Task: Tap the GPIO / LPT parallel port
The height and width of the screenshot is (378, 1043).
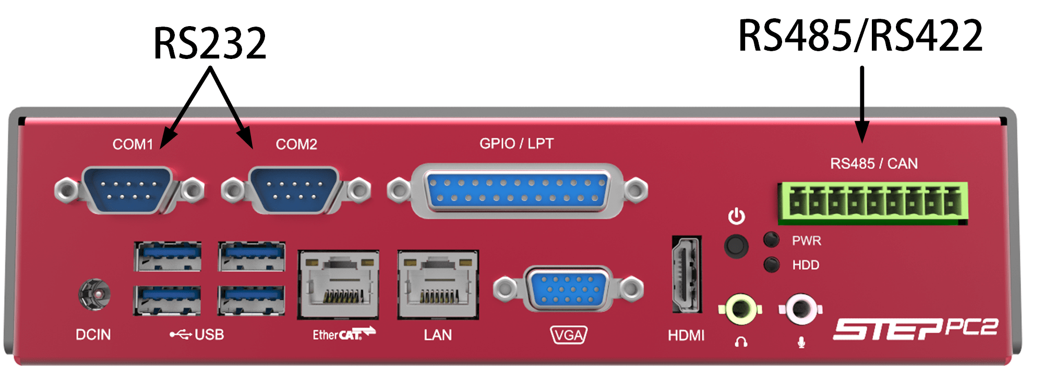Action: [517, 190]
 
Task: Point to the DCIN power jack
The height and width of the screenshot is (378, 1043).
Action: [94, 295]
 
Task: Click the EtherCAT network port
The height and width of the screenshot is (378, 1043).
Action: [338, 285]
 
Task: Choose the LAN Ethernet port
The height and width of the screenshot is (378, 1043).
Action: [438, 285]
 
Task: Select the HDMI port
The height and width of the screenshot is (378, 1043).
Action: [686, 275]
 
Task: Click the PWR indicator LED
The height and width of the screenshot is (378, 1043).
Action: [771, 240]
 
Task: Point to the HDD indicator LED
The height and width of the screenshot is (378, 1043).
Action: [771, 265]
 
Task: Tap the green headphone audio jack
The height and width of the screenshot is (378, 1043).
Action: [740, 309]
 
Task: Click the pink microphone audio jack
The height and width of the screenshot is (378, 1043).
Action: [801, 309]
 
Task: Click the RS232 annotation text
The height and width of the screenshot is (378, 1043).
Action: [210, 44]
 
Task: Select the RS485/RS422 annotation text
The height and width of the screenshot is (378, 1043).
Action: [860, 36]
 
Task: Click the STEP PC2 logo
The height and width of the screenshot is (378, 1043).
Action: [915, 329]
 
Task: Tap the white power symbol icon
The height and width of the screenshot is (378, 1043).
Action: [737, 216]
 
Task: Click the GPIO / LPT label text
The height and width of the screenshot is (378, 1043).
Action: [517, 144]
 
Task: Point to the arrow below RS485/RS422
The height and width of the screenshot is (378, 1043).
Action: [862, 104]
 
